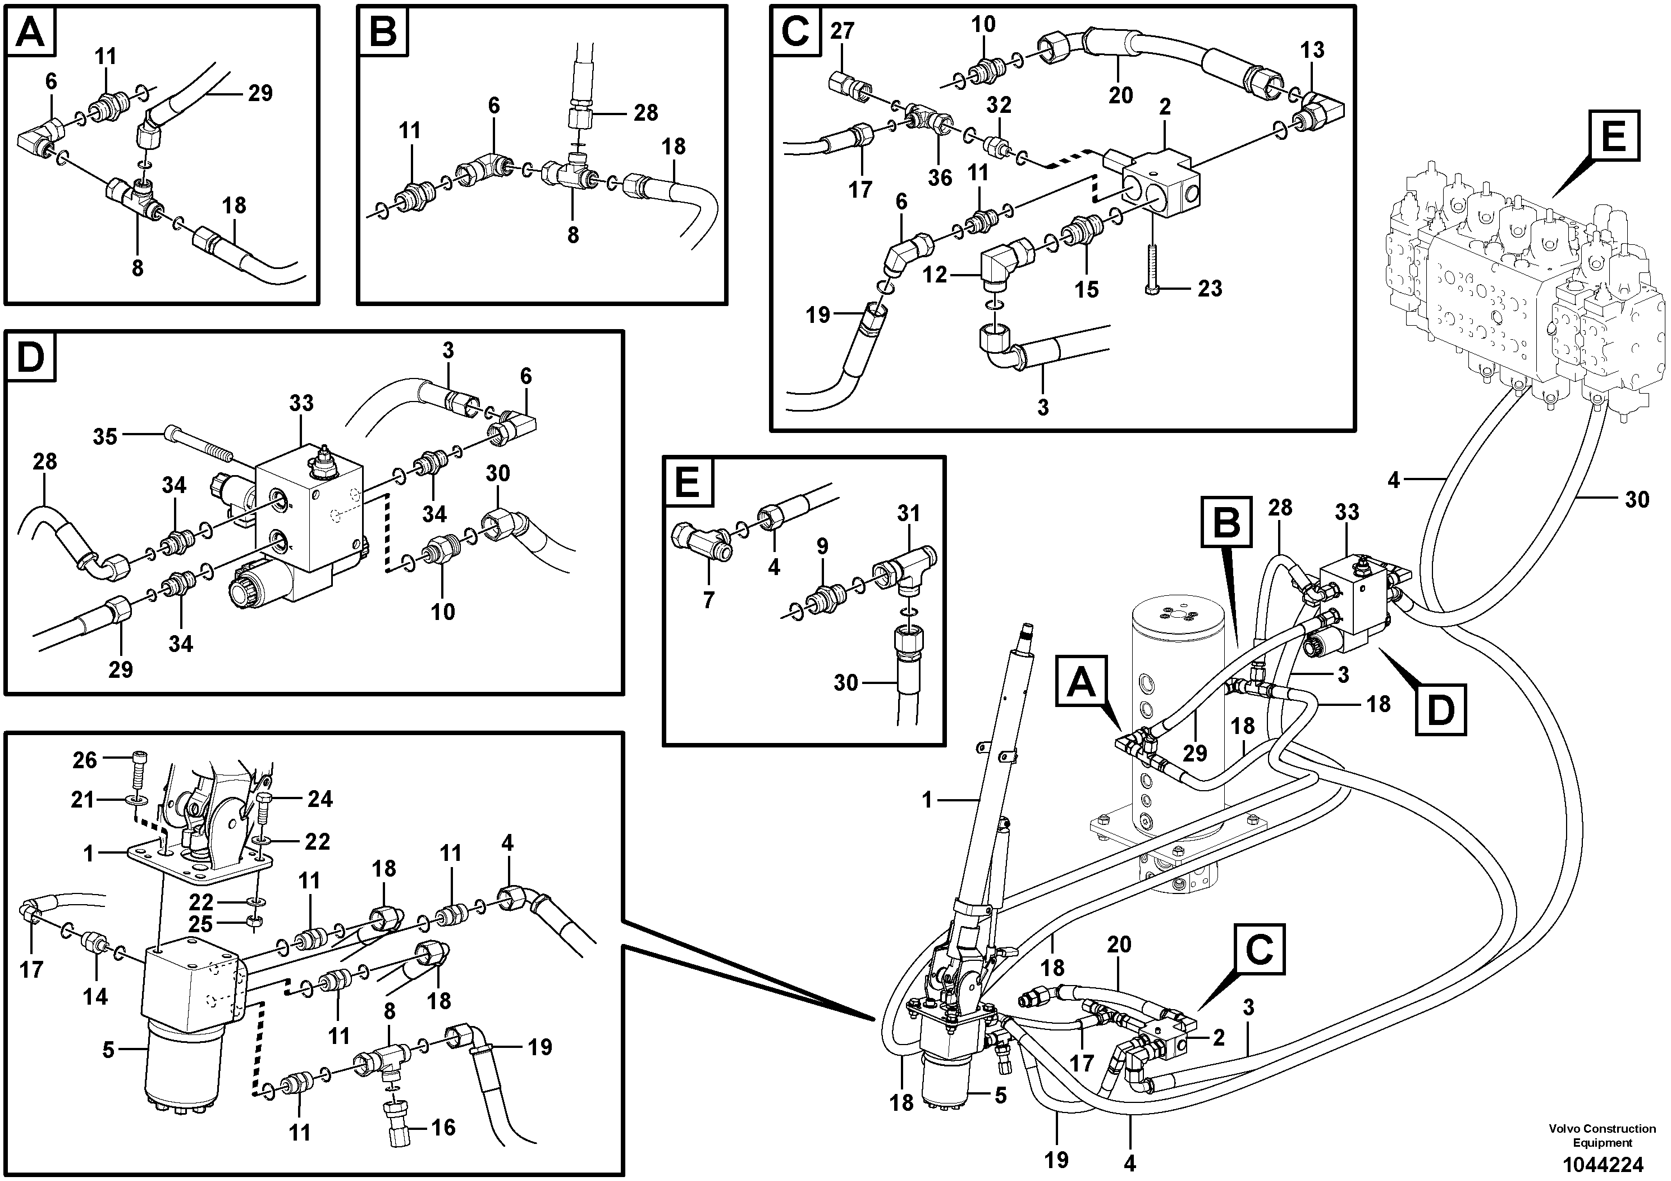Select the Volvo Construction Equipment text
click(x=1601, y=1136)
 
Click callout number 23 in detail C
click(x=1210, y=288)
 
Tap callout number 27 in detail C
click(x=842, y=31)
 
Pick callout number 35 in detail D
click(x=105, y=436)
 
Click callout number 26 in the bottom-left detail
click(x=84, y=760)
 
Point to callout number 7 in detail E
click(x=709, y=600)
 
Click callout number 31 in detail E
click(x=908, y=514)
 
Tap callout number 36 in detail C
click(x=940, y=177)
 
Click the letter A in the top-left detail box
click(x=30, y=33)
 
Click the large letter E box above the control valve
click(x=1614, y=136)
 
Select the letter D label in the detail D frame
click(x=30, y=358)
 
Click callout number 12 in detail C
click(x=935, y=275)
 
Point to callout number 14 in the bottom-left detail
click(x=95, y=996)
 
